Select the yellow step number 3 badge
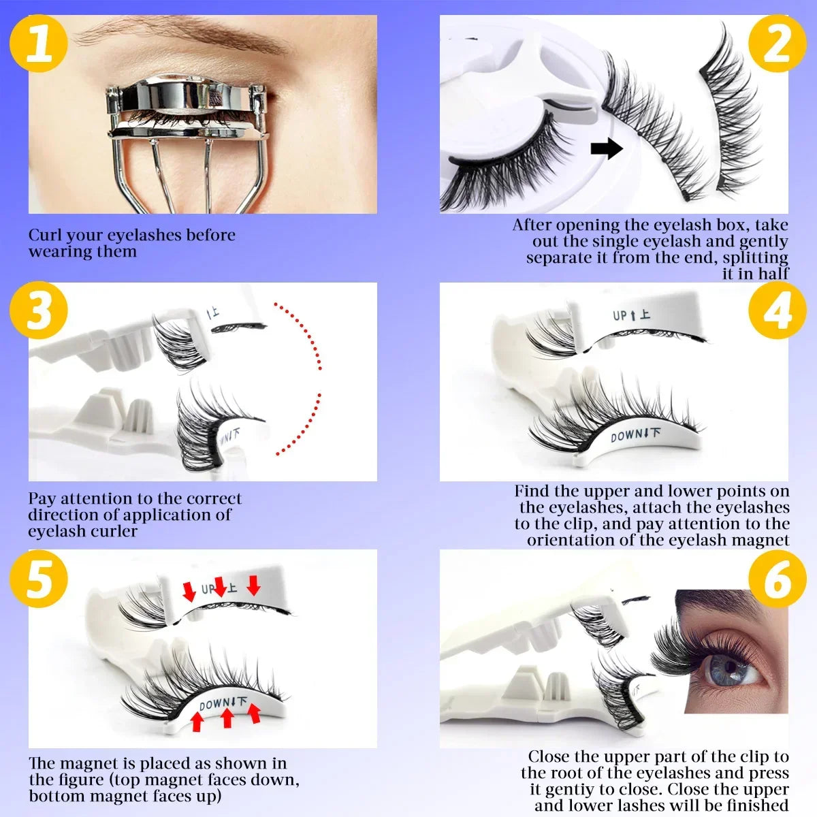pos(39,310)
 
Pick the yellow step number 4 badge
pos(777,310)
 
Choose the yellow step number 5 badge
pos(39,579)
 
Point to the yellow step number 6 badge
pos(777,579)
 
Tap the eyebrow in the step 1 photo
pos(177,34)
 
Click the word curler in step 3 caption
pos(115,532)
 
